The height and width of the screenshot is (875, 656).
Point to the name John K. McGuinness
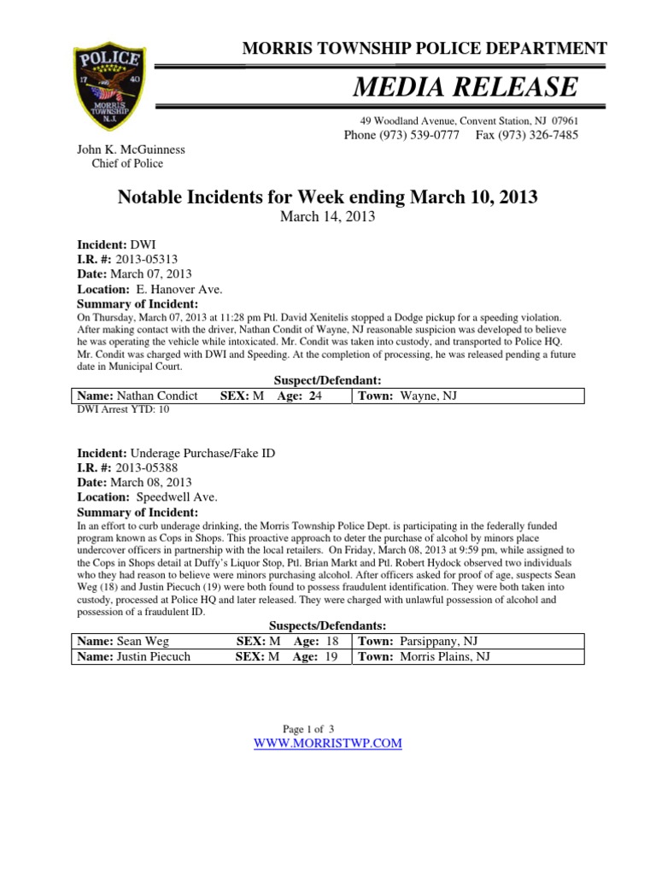pos(132,150)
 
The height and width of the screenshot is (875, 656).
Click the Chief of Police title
pos(127,163)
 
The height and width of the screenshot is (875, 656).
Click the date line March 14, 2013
pos(327,216)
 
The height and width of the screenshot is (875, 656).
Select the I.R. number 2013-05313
pos(149,259)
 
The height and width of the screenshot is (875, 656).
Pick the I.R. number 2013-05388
pos(149,467)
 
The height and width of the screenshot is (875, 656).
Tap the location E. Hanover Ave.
pos(173,290)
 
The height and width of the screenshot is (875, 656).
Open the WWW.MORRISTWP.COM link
pos(328,743)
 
